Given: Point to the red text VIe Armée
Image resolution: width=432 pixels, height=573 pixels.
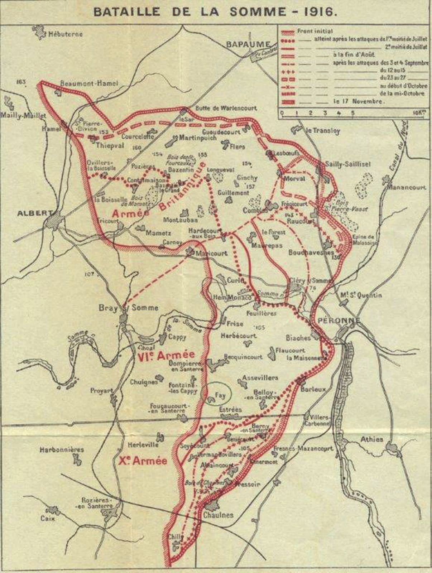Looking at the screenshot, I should coord(165,355).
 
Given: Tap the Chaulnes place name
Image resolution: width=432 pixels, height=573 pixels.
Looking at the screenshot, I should coord(219,515).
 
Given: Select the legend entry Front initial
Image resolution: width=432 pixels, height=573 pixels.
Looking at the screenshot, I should coord(315,31).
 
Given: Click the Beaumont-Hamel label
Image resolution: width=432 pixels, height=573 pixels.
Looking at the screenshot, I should coord(89,83).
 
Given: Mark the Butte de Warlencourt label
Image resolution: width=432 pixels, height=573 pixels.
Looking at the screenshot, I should coord(226,108).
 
